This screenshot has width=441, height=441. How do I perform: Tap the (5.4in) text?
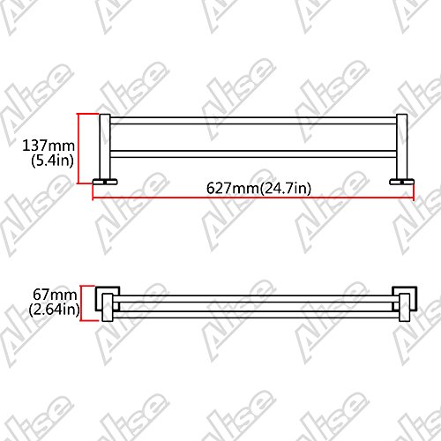tap(52, 162)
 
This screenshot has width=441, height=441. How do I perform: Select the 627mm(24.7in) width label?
tap(251, 188)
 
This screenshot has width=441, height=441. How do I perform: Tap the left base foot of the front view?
tap(102, 183)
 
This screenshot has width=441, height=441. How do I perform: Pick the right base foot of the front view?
tap(403, 183)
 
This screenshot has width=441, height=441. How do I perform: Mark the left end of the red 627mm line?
tap(93, 198)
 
